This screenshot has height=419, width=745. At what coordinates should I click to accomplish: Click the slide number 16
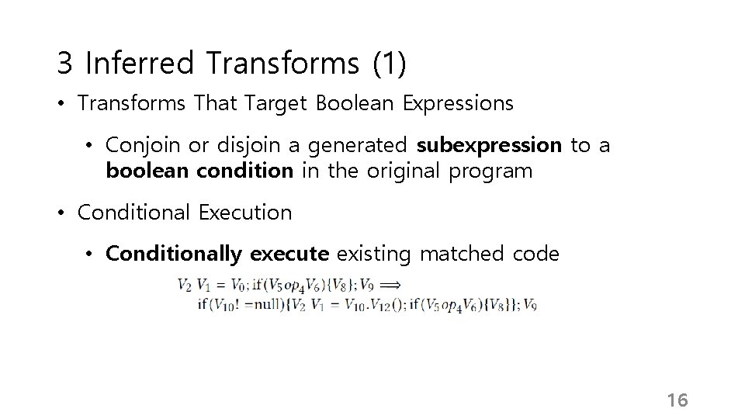[677, 400]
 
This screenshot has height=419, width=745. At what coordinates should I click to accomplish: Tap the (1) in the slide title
[389, 64]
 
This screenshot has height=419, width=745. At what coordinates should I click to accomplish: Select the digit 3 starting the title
[64, 64]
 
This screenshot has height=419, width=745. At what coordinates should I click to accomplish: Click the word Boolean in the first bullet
[359, 103]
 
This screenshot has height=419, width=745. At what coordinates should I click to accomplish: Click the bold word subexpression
[489, 146]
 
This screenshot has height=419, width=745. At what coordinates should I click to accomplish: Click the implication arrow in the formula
[389, 284]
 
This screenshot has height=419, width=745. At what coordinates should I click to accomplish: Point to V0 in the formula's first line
[241, 285]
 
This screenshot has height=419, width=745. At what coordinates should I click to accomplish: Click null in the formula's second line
[258, 304]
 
